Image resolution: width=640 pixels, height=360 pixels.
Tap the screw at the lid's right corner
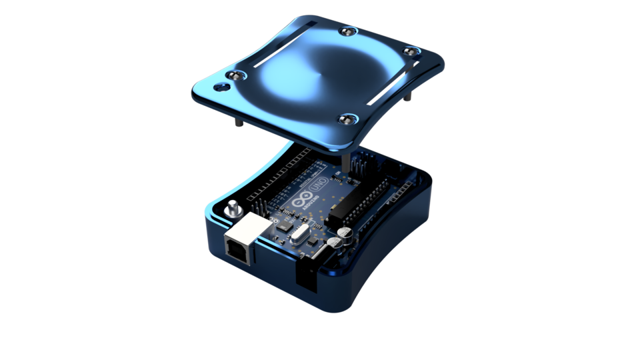[411, 51]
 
